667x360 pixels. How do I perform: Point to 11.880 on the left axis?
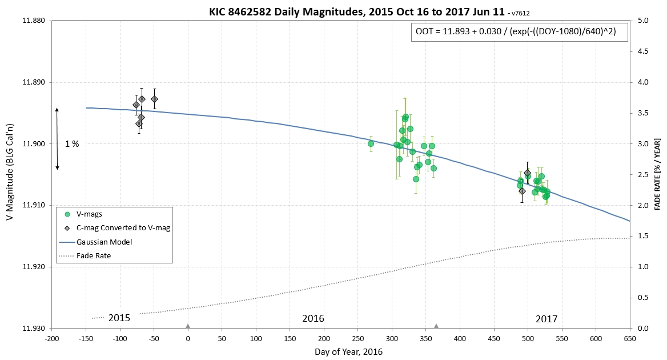[33, 21]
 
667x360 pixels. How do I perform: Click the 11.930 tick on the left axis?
[33, 328]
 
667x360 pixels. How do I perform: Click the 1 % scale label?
[72, 144]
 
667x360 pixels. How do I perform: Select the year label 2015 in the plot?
[119, 318]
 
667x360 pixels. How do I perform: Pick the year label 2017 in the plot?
[547, 319]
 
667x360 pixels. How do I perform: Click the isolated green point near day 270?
[371, 143]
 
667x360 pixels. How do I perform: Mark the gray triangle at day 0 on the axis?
[188, 326]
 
